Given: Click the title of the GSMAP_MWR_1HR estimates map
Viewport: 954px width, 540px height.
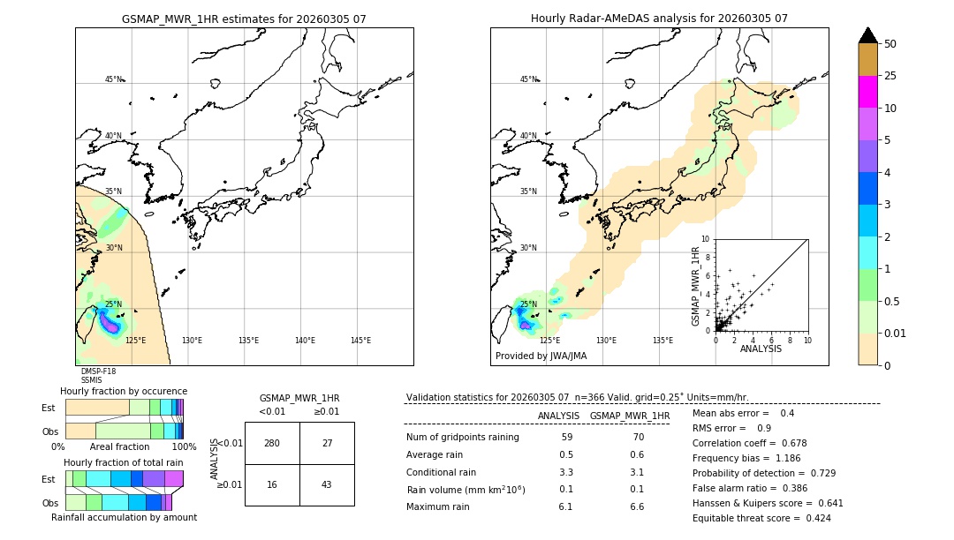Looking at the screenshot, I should click(244, 19).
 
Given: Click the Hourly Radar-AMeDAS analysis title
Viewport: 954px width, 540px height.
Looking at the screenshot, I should click(659, 19).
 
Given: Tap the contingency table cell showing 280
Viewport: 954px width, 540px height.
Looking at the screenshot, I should click(272, 443).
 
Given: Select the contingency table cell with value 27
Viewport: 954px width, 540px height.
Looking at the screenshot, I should click(327, 443).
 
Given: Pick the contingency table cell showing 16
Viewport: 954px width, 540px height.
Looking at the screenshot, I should click(272, 485).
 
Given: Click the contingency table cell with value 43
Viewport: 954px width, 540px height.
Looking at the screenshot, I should click(327, 485).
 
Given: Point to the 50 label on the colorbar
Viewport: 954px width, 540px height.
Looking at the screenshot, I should click(890, 44).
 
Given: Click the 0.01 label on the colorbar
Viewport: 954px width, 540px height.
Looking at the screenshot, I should click(896, 333).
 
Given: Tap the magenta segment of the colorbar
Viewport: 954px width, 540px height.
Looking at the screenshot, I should click(867, 92).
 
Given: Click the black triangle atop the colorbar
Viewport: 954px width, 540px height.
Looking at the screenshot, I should click(867, 35).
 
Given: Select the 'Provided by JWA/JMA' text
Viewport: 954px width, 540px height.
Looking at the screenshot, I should click(541, 356).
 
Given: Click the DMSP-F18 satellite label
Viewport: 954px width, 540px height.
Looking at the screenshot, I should click(98, 371).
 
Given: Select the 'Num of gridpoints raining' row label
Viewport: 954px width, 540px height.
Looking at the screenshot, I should click(462, 437).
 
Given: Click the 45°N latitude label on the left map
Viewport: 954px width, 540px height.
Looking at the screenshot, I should click(113, 79).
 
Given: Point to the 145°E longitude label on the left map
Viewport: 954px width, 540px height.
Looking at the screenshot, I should click(360, 341).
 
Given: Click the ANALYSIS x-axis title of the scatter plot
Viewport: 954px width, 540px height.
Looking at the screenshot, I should click(761, 349).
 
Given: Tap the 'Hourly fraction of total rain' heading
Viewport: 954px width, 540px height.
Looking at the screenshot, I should click(124, 462).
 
